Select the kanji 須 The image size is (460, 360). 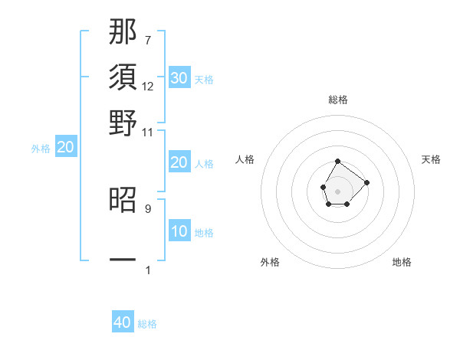123,77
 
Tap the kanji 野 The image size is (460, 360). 123,123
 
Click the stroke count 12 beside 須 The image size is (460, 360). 148,86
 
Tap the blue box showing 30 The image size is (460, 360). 179,78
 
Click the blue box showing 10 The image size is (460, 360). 179,231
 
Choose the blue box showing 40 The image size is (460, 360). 123,322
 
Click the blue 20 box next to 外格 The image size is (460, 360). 66,147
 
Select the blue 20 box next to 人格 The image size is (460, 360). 179,162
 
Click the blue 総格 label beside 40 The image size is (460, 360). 147,324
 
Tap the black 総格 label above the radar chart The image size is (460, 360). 338,100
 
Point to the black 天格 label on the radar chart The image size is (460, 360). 431,159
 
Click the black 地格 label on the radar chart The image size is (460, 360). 402,262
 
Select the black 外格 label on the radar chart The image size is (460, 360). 270,262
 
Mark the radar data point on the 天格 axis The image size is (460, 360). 366,182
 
